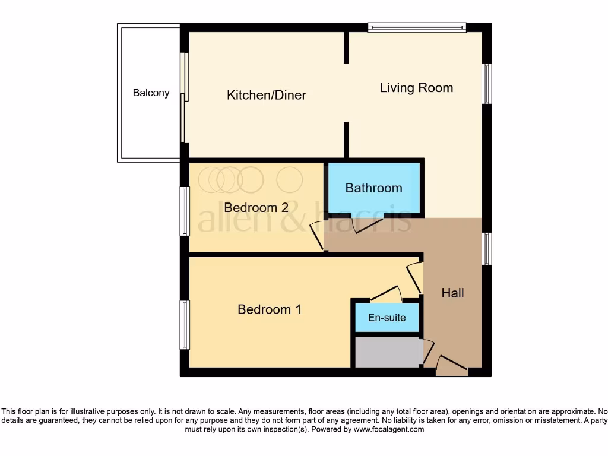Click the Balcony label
[151, 93]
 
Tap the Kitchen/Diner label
[267, 95]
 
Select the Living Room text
[416, 88]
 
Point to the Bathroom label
[373, 188]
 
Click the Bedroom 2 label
[256, 208]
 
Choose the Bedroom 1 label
[270, 309]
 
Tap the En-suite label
[387, 318]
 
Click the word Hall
[452, 293]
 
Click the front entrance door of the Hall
[452, 365]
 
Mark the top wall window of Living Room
[416, 27]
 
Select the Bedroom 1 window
[185, 325]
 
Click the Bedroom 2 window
[185, 211]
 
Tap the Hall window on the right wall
[487, 249]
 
